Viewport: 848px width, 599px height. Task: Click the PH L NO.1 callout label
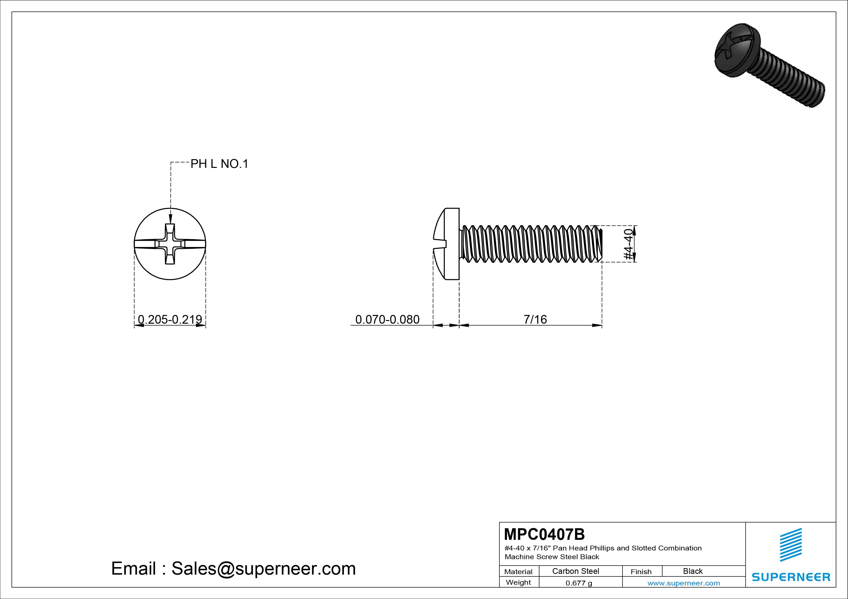tap(219, 164)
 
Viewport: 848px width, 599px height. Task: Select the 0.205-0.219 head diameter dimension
tap(170, 319)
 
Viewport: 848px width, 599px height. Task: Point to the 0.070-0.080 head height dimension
tap(387, 319)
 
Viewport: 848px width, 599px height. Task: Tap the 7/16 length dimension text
tap(535, 319)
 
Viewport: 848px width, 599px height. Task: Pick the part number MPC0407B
tap(544, 534)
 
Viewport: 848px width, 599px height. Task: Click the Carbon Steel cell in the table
tap(575, 571)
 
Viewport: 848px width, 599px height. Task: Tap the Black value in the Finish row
tap(693, 571)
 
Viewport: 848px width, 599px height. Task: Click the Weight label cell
tap(518, 582)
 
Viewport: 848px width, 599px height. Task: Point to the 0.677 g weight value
tap(579, 583)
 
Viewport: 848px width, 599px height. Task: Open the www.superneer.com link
tap(684, 583)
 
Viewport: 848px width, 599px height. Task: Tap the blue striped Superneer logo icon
tap(791, 545)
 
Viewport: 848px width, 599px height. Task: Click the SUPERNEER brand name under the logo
tap(791, 577)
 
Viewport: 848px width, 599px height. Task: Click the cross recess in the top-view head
tap(170, 244)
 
